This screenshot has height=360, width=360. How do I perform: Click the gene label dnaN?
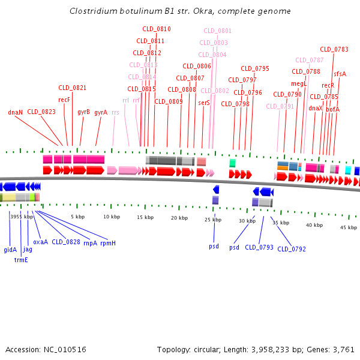(16, 112)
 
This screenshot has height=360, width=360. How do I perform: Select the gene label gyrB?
(83, 112)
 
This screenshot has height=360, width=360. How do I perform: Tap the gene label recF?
(64, 100)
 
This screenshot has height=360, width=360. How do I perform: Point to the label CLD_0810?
(157, 29)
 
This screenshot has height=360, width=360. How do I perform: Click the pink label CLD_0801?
(217, 31)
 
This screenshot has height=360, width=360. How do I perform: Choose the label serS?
(204, 103)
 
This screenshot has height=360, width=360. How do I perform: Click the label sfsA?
(340, 74)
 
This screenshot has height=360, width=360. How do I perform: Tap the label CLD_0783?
(334, 49)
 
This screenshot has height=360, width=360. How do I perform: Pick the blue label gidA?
(10, 250)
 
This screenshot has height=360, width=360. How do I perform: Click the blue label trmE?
(21, 260)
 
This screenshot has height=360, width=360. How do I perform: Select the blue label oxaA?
(40, 242)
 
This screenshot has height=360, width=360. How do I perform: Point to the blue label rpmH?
(108, 242)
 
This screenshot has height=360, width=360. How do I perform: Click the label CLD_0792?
(291, 249)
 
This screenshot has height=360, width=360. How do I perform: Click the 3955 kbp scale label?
(22, 216)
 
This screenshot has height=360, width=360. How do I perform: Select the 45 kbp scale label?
(349, 227)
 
